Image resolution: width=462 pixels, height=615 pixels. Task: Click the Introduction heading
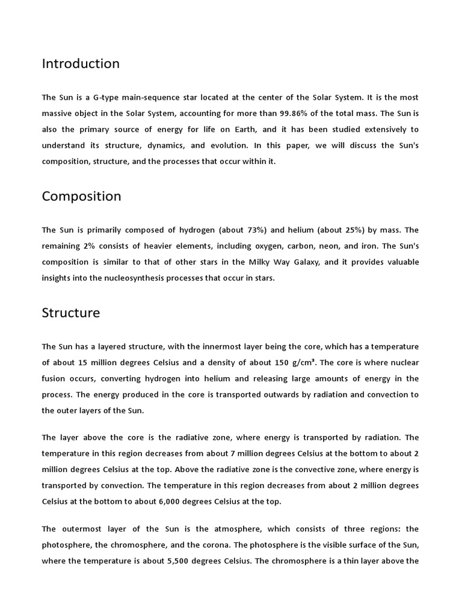point(81,64)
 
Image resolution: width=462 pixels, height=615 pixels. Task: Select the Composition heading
point(81,196)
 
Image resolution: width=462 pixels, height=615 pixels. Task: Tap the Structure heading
point(71,313)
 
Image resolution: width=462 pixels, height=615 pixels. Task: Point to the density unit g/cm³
point(304,363)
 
